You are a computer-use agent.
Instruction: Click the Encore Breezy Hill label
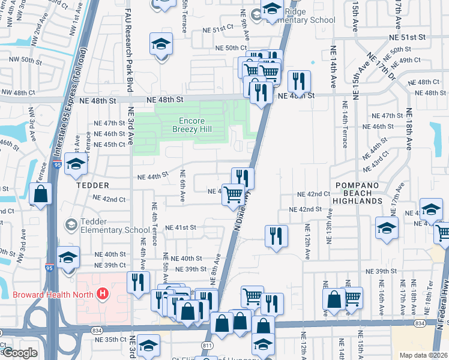[192, 125]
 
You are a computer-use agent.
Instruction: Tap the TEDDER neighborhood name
[92, 185]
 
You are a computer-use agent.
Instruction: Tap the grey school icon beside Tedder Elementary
[71, 224]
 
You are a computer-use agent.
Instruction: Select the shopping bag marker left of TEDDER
[40, 194]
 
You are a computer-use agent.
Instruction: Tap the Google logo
[19, 353]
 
